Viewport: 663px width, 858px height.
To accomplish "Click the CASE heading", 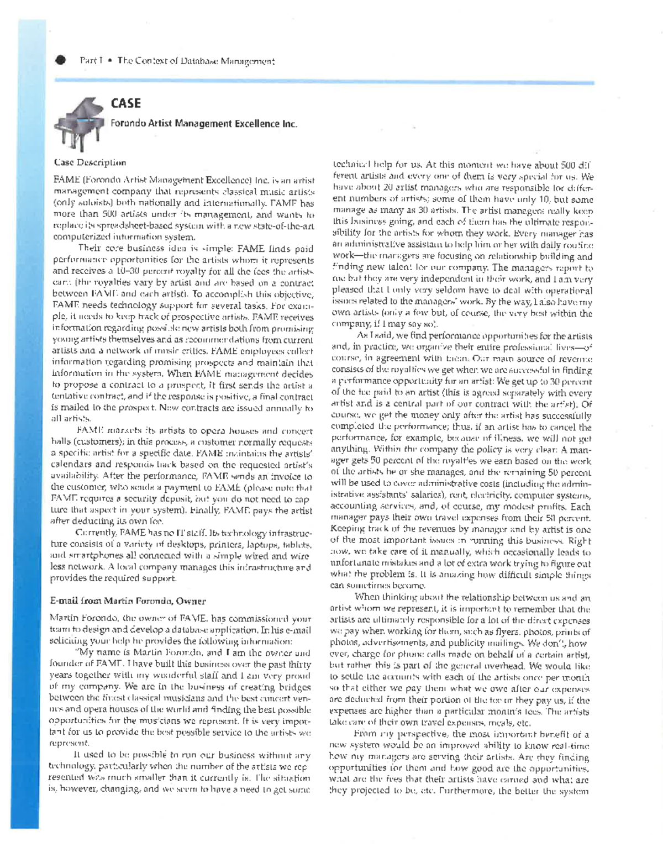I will pyautogui.click(x=125, y=103).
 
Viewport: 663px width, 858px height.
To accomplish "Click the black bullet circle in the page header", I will pyautogui.click(x=60, y=60).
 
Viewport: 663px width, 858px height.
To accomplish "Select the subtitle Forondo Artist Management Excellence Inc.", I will pyautogui.click(x=203, y=124).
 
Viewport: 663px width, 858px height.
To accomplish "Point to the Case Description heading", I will pyautogui.click(x=90, y=162).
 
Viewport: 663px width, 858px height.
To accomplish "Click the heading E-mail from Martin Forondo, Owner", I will pyautogui.click(x=128, y=601).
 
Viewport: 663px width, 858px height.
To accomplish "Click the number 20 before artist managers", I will pyautogui.click(x=375, y=188).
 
